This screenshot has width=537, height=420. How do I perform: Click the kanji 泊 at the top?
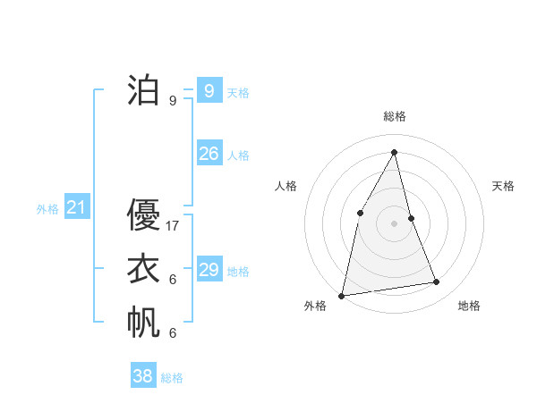[143, 90]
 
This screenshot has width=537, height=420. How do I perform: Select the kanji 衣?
[143, 269]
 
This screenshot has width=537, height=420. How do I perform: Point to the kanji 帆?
[143, 323]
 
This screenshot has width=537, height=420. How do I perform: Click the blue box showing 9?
[209, 90]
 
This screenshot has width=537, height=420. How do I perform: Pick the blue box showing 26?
[209, 153]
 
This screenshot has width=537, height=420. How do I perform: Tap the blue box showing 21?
[76, 208]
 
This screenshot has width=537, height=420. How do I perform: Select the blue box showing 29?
[209, 269]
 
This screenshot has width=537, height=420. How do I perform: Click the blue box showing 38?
[143, 376]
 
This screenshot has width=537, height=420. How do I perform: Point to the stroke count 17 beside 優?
[173, 226]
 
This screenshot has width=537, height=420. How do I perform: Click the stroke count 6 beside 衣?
[173, 280]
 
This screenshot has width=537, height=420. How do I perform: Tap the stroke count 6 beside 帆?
[173, 333]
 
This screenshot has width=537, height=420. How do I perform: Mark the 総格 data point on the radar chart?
[394, 152]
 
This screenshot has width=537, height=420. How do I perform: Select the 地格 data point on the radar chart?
[437, 282]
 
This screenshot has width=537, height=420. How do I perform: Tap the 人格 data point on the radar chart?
[360, 212]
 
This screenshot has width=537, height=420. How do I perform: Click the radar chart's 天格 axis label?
[504, 186]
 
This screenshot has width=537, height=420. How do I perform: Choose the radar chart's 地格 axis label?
[469, 306]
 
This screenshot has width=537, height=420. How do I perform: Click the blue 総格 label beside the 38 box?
[172, 378]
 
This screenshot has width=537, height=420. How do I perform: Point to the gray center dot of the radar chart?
[394, 223]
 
